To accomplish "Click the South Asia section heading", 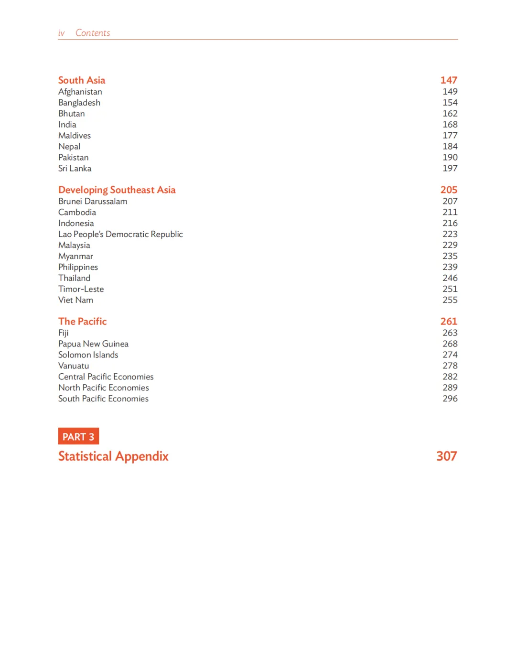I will (82, 80).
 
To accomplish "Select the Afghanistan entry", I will (80, 92).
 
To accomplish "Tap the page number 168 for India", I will (450, 125).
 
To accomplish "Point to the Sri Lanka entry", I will (75, 169).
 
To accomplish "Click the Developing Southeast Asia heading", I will (117, 190).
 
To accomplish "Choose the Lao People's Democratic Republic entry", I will (120, 234).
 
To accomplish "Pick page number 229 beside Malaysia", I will (450, 245).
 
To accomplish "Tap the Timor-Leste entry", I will (81, 289).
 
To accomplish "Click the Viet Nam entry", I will (75, 300).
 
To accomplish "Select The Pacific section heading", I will (82, 322).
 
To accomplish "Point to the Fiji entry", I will (64, 333).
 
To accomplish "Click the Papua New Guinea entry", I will (93, 344).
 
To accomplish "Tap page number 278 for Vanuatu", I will (450, 366).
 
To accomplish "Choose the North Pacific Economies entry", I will (104, 388).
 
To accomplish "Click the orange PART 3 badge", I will (78, 437).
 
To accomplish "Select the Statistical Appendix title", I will (113, 456).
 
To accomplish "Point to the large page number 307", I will (446, 456).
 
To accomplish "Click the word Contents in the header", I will (93, 33).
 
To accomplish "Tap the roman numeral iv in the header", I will (61, 33).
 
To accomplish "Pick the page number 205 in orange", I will (449, 190).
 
